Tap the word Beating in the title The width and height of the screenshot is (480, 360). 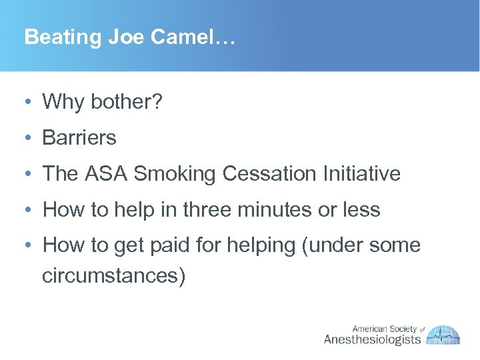(x=61, y=37)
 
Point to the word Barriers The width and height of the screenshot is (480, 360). (x=79, y=138)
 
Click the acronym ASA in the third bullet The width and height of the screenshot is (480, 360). (x=107, y=174)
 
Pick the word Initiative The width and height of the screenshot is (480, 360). (x=363, y=174)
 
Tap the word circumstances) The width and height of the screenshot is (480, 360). (x=113, y=275)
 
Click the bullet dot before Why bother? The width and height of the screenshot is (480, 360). (x=24, y=103)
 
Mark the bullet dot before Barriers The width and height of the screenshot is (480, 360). (x=24, y=139)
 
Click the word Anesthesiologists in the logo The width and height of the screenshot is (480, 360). (x=373, y=339)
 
